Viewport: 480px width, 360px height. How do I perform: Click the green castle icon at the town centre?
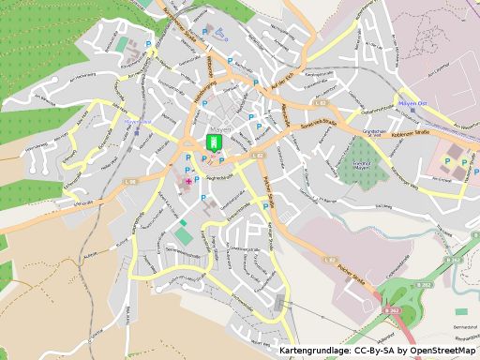[213, 142]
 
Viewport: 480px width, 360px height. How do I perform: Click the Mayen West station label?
[137, 121]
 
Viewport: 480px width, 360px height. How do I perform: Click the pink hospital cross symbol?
[188, 180]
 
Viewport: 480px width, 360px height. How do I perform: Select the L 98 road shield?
[131, 181]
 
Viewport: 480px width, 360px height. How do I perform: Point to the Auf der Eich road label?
[282, 82]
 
